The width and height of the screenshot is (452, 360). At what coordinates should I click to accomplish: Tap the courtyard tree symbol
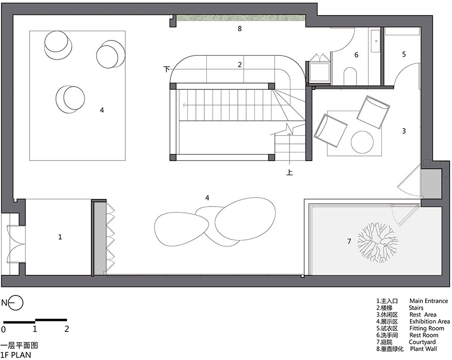coord(377,242)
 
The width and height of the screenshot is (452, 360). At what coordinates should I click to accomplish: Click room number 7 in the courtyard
coord(349,241)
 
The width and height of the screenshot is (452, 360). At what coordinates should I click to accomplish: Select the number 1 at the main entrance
coord(60,237)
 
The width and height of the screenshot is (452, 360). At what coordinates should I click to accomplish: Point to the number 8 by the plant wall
coord(240,29)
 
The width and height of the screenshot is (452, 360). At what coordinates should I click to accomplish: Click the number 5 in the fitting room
coord(404,54)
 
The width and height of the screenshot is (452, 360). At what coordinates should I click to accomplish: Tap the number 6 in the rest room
coord(356,55)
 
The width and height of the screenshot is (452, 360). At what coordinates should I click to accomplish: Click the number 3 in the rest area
coord(404,131)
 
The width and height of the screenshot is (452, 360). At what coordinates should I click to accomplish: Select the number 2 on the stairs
coord(240,65)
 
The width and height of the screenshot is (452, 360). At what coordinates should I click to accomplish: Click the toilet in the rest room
coord(350,76)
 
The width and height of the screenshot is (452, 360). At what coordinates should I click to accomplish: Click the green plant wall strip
coord(241,18)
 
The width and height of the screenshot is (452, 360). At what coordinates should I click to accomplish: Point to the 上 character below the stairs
coord(290,172)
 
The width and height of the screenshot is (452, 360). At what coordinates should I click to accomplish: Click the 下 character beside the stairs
coord(167,69)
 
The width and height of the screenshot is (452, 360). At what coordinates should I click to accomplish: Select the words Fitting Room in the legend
coord(427,328)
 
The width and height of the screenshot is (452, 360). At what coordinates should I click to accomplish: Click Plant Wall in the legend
coord(423,349)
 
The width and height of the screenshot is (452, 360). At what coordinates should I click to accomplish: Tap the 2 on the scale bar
coord(66,329)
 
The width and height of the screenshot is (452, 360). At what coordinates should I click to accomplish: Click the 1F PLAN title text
coord(16,354)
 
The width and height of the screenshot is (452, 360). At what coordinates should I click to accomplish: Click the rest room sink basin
coord(376,41)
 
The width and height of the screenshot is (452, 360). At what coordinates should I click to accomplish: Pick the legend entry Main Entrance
coord(428,301)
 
